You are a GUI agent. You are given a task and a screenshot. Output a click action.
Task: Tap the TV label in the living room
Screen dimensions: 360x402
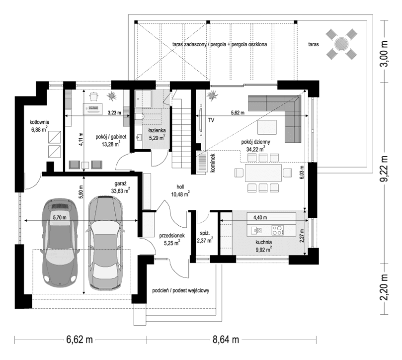(211, 120)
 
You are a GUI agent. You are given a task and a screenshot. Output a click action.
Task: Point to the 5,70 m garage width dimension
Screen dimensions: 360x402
(60, 217)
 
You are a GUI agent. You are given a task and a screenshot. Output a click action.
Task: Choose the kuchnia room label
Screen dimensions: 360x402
(263, 242)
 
